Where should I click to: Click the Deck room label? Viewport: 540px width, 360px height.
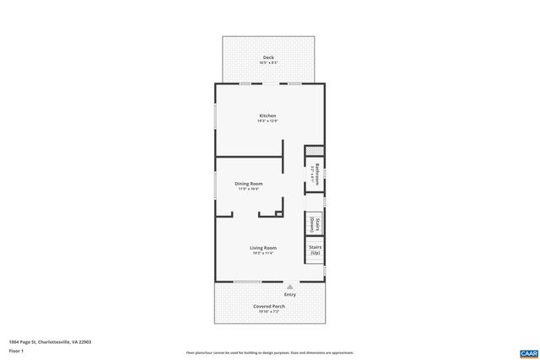pyautogui.click(x=267, y=57)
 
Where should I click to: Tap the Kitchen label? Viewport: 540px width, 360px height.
pyautogui.click(x=267, y=116)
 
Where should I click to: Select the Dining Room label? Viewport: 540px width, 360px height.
pyautogui.click(x=249, y=183)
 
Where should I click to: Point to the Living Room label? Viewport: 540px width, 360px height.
pyautogui.click(x=263, y=248)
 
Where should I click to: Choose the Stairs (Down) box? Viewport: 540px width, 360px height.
pyautogui.click(x=315, y=223)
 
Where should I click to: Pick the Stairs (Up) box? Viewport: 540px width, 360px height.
pyautogui.click(x=315, y=250)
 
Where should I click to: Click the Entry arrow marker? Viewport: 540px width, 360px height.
pyautogui.click(x=290, y=287)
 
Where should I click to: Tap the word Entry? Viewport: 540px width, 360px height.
pyautogui.click(x=290, y=294)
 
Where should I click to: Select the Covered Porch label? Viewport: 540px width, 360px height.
pyautogui.click(x=269, y=306)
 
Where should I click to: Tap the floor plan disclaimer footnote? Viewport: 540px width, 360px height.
pyautogui.click(x=269, y=352)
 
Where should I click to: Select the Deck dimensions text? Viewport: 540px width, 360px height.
pyautogui.click(x=267, y=62)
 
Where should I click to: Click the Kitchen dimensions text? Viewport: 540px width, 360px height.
pyautogui.click(x=267, y=121)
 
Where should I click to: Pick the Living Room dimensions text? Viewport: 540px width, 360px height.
pyautogui.click(x=263, y=253)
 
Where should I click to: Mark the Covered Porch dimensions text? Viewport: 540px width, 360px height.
pyautogui.click(x=269, y=311)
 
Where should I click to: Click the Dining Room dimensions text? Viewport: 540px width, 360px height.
pyautogui.click(x=249, y=189)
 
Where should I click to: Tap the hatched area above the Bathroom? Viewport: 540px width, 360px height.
pyautogui.click(x=315, y=150)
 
